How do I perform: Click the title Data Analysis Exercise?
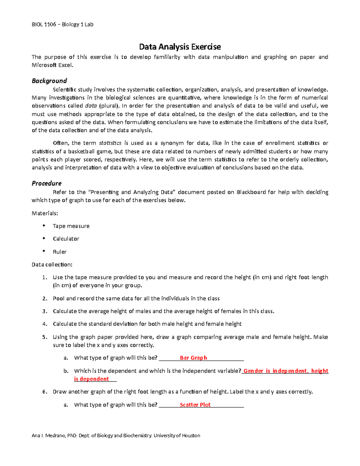[180, 47]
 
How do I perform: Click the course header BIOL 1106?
[44, 25]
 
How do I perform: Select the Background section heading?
[49, 81]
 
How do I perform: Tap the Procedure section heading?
[46, 183]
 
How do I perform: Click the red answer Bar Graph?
[193, 358]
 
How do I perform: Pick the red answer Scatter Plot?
[195, 405]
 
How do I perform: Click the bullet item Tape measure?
[71, 226]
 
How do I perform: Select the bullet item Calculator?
[66, 239]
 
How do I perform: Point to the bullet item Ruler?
[60, 252]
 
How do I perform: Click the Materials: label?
[45, 213]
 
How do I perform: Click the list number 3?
[44, 311]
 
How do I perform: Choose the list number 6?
[44, 392]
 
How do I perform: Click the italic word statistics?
[110, 143]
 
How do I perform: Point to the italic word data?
[91, 106]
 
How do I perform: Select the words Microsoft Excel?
[52, 65]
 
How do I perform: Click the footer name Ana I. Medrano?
[48, 435]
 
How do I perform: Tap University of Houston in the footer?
[177, 435]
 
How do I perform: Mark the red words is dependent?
[91, 379]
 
